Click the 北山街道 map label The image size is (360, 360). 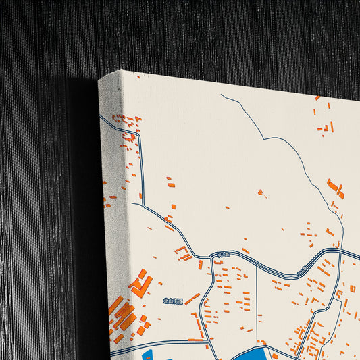173,301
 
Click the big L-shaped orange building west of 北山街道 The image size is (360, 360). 140,283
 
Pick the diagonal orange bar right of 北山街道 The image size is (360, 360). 192,298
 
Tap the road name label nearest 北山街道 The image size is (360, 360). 220,255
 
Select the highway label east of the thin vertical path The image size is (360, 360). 302,269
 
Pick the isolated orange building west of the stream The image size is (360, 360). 261,193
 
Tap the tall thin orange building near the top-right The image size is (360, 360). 332,126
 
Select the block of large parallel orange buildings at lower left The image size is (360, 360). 122,315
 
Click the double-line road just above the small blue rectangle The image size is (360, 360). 162,344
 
